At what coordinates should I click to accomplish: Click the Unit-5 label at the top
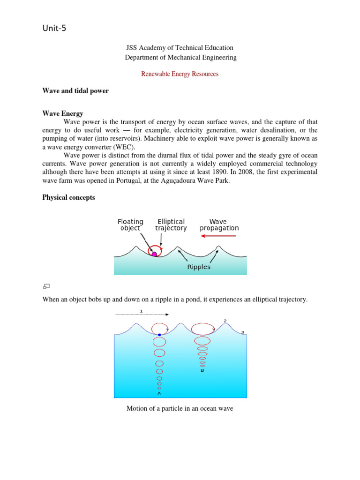click(x=54, y=29)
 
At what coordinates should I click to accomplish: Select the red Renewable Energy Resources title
click(x=180, y=74)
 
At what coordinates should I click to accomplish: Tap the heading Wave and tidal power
click(x=75, y=91)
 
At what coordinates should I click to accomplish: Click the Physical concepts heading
click(x=68, y=197)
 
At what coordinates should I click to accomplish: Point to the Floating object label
click(x=130, y=225)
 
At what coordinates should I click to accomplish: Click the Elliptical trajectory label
click(x=171, y=225)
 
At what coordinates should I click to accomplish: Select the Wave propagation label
click(x=219, y=225)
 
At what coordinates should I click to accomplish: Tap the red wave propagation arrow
click(x=219, y=237)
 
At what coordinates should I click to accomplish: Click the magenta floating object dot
click(x=154, y=254)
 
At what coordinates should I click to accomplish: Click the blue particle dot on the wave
click(x=159, y=335)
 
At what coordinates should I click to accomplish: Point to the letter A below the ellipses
click(x=159, y=393)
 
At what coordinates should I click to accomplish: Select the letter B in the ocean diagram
click(x=202, y=370)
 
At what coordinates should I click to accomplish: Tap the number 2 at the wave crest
click(x=225, y=321)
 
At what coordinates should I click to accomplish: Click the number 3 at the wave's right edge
click(x=242, y=332)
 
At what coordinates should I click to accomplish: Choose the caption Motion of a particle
click(x=180, y=409)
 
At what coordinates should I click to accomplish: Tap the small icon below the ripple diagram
click(x=46, y=286)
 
